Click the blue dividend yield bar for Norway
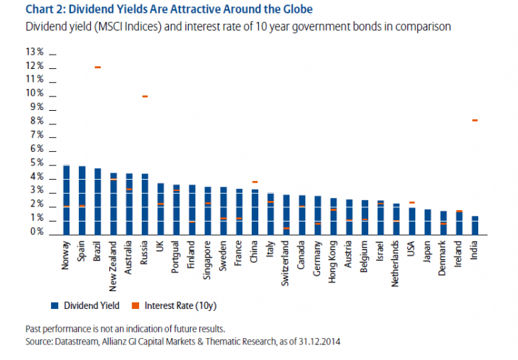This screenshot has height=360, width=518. pyautogui.click(x=66, y=199)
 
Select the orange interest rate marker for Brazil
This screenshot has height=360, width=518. pyautogui.click(x=97, y=67)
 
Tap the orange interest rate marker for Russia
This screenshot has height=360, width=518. pyautogui.click(x=144, y=96)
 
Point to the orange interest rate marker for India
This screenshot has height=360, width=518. pyautogui.click(x=474, y=120)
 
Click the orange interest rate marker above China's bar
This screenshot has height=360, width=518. pyautogui.click(x=255, y=182)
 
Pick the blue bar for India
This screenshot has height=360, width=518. pyautogui.click(x=474, y=224)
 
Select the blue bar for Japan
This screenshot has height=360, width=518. pyautogui.click(x=427, y=221)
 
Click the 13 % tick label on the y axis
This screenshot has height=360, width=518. pyautogui.click(x=35, y=52)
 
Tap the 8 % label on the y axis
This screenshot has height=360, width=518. pyautogui.click(x=37, y=121)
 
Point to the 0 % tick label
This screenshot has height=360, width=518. pyautogui.click(x=37, y=232)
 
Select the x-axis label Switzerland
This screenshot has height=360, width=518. pyautogui.click(x=286, y=262)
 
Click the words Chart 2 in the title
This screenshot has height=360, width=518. pyautogui.click(x=43, y=9)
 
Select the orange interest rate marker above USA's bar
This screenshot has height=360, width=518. pyautogui.click(x=412, y=202)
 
